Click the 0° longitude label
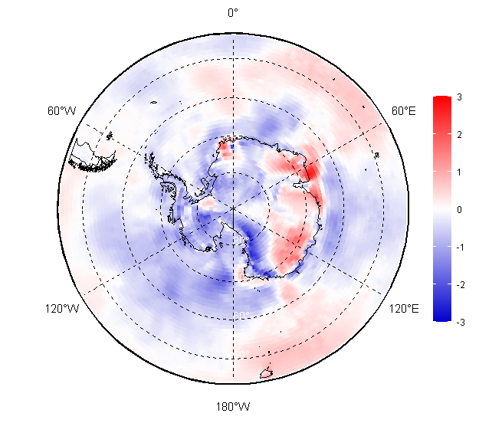(x=233, y=12)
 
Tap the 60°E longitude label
(x=404, y=111)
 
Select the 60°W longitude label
(x=61, y=111)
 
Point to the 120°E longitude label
(x=403, y=309)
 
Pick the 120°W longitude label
(x=61, y=309)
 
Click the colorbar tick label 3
(x=458, y=97)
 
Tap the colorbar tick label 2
(x=458, y=135)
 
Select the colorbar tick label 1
(x=458, y=172)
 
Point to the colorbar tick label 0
(x=458, y=209)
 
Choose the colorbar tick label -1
(x=458, y=247)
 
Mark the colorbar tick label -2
(x=458, y=284)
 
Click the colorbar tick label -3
(x=458, y=322)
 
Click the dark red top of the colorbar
(x=441, y=100)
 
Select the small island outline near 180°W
(x=267, y=373)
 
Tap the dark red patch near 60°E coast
(x=312, y=172)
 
